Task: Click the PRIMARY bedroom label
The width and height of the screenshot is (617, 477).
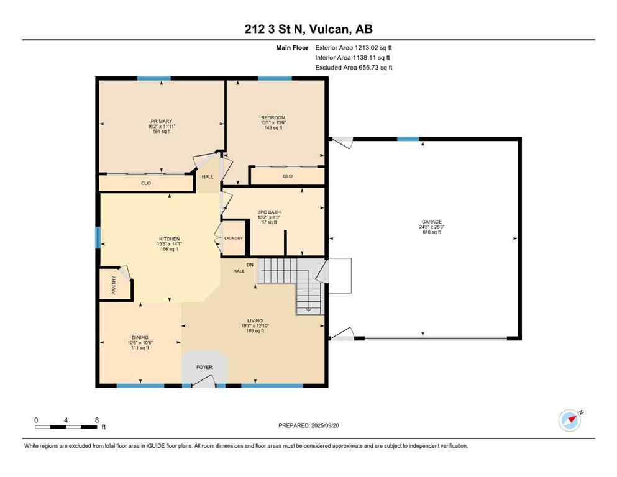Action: click(x=161, y=121)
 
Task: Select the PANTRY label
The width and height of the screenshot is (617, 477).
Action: click(x=113, y=285)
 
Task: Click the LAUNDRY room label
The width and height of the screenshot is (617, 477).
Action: click(x=234, y=238)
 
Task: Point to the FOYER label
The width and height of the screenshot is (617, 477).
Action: click(x=204, y=367)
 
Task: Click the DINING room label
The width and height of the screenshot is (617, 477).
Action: click(x=139, y=337)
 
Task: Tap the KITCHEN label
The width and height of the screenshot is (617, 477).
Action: click(x=169, y=239)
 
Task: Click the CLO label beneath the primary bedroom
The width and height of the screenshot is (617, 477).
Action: click(x=145, y=183)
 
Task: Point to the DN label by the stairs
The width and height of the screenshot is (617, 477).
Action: click(x=250, y=265)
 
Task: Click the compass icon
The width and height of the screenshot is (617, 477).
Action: click(x=569, y=420)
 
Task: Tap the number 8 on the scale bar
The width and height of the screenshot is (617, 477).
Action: click(x=96, y=420)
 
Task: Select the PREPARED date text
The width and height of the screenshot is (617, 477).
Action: click(x=308, y=425)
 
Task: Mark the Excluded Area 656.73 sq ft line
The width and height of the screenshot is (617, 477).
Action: click(x=354, y=67)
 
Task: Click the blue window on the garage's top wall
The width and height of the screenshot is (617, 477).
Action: click(x=408, y=139)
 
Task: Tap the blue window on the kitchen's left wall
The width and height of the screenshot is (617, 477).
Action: click(x=98, y=238)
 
